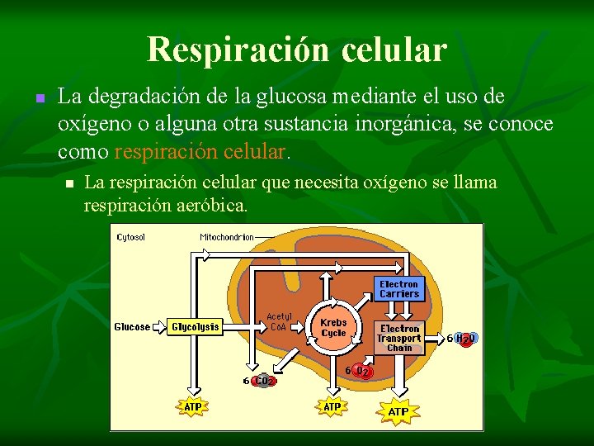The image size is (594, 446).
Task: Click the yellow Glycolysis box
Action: point(196,327)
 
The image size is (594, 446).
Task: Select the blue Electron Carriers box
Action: point(399,289)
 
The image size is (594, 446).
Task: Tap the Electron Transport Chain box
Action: point(399,338)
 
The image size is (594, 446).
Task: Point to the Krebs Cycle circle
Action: point(333,328)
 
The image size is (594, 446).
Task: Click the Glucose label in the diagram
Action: point(132,327)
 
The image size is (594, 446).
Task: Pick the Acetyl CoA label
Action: point(279,321)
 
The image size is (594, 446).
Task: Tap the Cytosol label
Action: point(131,238)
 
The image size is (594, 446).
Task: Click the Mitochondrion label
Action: point(227,238)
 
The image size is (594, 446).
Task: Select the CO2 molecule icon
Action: point(263,381)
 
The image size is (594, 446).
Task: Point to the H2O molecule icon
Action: point(467,339)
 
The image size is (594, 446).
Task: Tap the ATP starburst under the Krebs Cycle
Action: point(332,406)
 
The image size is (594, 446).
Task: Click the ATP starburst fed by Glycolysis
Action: point(193,406)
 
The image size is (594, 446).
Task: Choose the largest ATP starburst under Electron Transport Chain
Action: point(398,410)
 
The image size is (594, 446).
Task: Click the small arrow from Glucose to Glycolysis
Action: point(159,327)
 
